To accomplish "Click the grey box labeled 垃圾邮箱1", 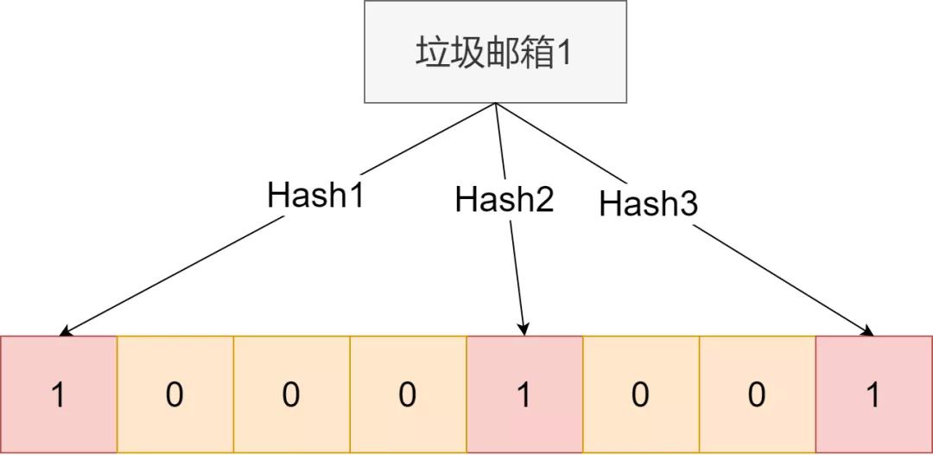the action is (x=495, y=52).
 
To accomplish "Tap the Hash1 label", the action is (x=315, y=195).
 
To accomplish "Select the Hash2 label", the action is (x=505, y=199).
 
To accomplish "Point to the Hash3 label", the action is (x=649, y=203).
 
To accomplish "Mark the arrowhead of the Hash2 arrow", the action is (x=524, y=329).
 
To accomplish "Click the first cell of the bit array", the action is (x=59, y=394).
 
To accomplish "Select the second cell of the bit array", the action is (x=175, y=394).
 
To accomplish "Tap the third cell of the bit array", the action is (x=292, y=394).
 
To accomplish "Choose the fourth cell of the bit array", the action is (x=408, y=394).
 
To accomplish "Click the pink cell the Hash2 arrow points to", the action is (x=525, y=394).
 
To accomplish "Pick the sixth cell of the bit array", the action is (x=641, y=394).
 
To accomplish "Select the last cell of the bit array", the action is (x=874, y=394).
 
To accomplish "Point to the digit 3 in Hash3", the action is (x=689, y=204).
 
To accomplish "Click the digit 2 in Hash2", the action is (x=546, y=200).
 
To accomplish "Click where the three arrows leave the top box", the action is (x=495, y=103).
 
